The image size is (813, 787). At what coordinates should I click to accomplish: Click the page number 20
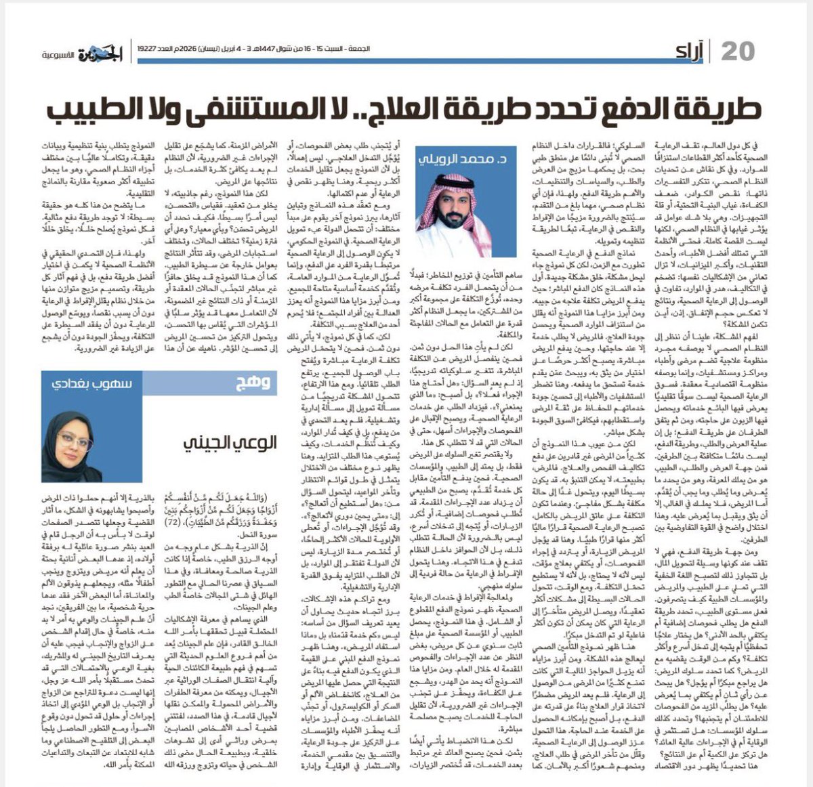point(737,51)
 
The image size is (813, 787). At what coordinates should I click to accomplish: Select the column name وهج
point(257,383)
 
